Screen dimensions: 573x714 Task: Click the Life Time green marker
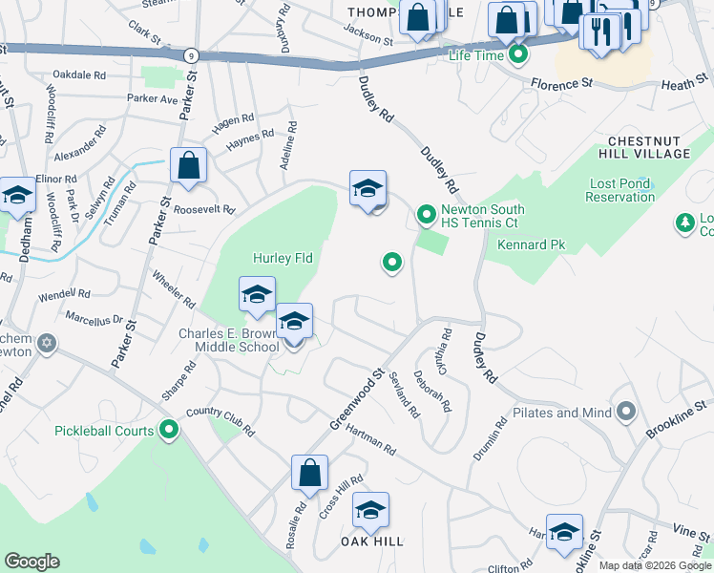coord(518,54)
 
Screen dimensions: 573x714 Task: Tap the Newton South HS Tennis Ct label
coord(479,216)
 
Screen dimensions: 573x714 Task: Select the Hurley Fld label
coord(283,258)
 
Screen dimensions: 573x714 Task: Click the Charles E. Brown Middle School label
coord(228,341)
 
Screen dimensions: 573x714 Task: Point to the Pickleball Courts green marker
coord(169,431)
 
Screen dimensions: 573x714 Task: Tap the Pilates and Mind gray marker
coord(626,413)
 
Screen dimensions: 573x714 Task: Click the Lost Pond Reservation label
coord(622,190)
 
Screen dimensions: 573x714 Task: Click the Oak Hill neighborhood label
coord(372,541)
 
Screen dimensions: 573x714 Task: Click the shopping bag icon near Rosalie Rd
coord(309,472)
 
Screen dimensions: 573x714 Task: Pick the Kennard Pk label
coord(532,245)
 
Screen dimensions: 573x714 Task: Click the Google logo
coord(31,562)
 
